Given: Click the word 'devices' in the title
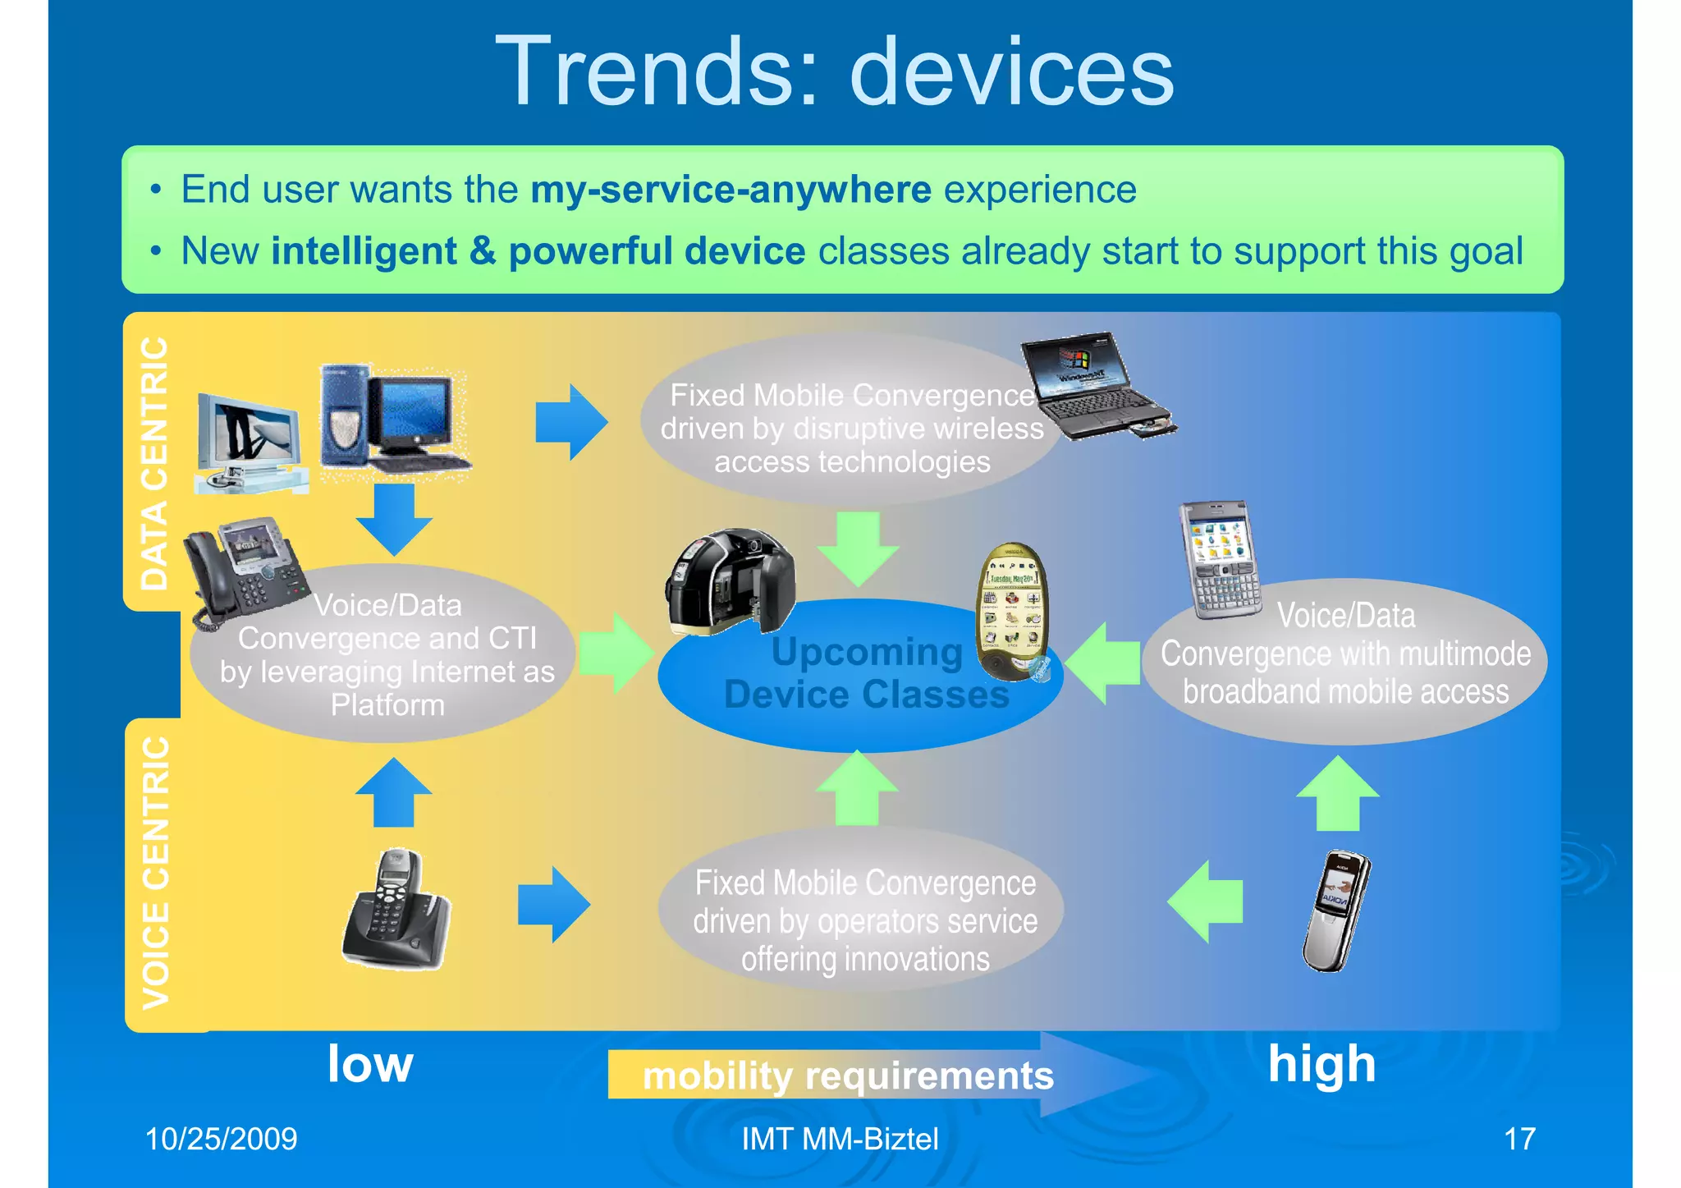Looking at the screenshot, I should (x=1011, y=72).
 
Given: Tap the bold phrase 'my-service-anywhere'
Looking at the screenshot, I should (x=731, y=190).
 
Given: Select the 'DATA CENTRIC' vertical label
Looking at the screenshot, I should (x=154, y=464).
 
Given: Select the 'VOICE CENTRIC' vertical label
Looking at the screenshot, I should (x=156, y=872).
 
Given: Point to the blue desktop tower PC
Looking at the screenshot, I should (x=345, y=419).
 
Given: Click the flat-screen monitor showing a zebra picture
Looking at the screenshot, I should (x=248, y=443).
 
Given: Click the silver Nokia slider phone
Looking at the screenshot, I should (x=1336, y=911).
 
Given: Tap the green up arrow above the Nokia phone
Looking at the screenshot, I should (x=1338, y=792).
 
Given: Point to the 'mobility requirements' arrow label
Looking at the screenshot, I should (x=847, y=1076).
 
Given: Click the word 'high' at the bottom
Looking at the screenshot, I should (x=1321, y=1064).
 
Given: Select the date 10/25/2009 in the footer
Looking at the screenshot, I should (x=221, y=1140).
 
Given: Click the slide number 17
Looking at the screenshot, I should (x=1519, y=1140).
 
